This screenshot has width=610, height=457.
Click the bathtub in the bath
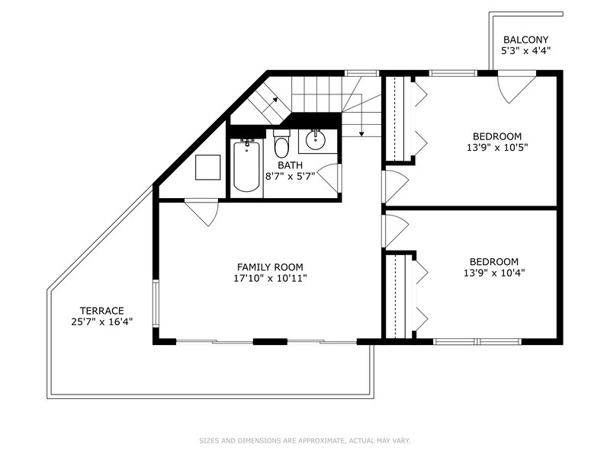(x=246, y=167)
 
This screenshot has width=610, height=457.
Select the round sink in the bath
(x=316, y=140)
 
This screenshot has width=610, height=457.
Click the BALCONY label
(x=526, y=40)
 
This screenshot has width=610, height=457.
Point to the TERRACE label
(x=102, y=311)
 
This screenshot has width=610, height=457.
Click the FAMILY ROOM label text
(x=270, y=267)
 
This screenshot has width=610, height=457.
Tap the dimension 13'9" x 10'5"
(x=497, y=148)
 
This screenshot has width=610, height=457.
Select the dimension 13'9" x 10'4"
(x=494, y=273)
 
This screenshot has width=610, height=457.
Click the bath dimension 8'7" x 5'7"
(x=290, y=176)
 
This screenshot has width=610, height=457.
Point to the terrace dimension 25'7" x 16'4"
(x=102, y=321)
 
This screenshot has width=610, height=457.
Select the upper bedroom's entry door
(x=396, y=187)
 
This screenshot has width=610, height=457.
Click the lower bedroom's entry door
(x=396, y=231)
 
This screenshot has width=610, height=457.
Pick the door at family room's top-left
(x=201, y=213)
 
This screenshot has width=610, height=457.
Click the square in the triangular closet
(x=207, y=167)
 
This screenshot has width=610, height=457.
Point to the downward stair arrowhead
(x=361, y=134)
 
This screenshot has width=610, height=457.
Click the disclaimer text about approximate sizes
(x=305, y=441)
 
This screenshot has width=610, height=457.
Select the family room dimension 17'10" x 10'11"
(x=270, y=278)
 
